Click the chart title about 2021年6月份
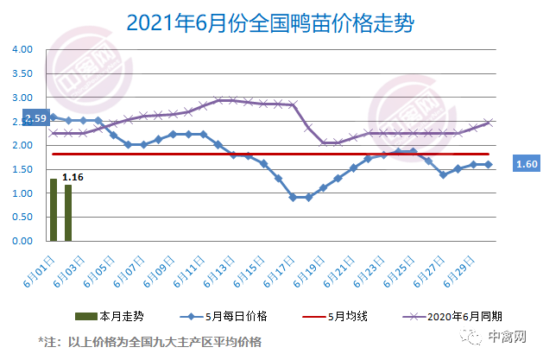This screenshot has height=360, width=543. pyautogui.click(x=270, y=22)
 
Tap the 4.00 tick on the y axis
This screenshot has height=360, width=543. pyautogui.click(x=22, y=49)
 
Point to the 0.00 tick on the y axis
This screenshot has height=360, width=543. pyautogui.click(x=22, y=242)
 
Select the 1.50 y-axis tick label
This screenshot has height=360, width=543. pyautogui.click(x=22, y=169)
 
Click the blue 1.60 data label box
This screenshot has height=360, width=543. pyautogui.click(x=526, y=163)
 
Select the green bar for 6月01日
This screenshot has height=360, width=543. pyautogui.click(x=54, y=210)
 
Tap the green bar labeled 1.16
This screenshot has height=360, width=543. pyautogui.click(x=68, y=213)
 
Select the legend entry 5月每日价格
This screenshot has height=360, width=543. pyautogui.click(x=222, y=316)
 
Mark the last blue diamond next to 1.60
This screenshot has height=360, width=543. pyautogui.click(x=489, y=164)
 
